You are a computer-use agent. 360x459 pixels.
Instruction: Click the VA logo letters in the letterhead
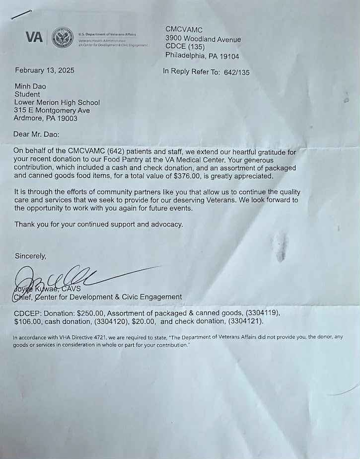pyautogui.click(x=34, y=37)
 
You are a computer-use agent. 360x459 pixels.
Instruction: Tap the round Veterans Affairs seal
pyautogui.click(x=63, y=38)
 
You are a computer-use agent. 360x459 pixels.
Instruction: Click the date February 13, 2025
pyautogui.click(x=45, y=71)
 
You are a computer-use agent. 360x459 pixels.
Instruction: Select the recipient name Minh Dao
pyautogui.click(x=30, y=86)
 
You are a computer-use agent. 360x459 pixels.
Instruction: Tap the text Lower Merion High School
pyautogui.click(x=57, y=102)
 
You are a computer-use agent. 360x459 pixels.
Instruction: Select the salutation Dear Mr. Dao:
pyautogui.click(x=40, y=134)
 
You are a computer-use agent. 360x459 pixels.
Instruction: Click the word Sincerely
pyautogui.click(x=30, y=256)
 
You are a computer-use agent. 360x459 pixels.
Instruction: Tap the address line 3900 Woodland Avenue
pyautogui.click(x=203, y=39)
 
